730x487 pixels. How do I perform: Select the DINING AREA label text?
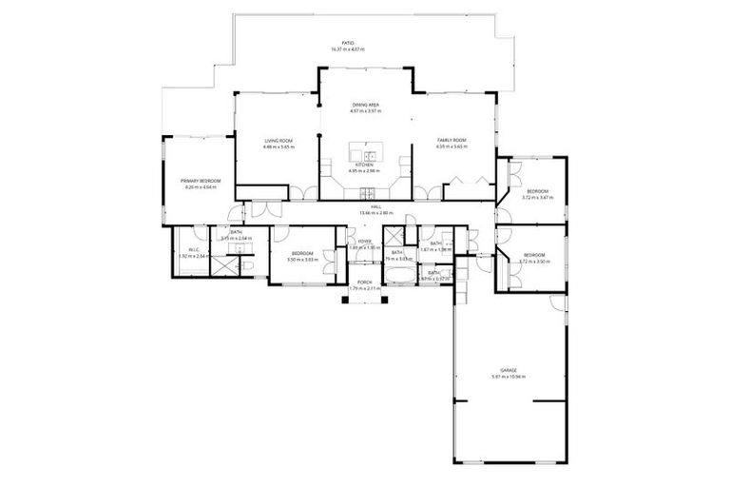coord(367,105)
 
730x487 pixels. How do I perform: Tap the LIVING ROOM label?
coord(279,141)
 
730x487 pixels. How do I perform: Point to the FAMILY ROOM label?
coord(451,141)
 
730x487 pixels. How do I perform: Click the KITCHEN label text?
coord(365,165)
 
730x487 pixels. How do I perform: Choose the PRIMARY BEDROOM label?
coord(201,181)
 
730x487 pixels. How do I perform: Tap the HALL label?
coord(363,206)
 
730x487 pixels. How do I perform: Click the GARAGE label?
coord(509,370)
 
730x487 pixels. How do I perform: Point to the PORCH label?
coord(364,282)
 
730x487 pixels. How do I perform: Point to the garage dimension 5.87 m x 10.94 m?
coord(509,377)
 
